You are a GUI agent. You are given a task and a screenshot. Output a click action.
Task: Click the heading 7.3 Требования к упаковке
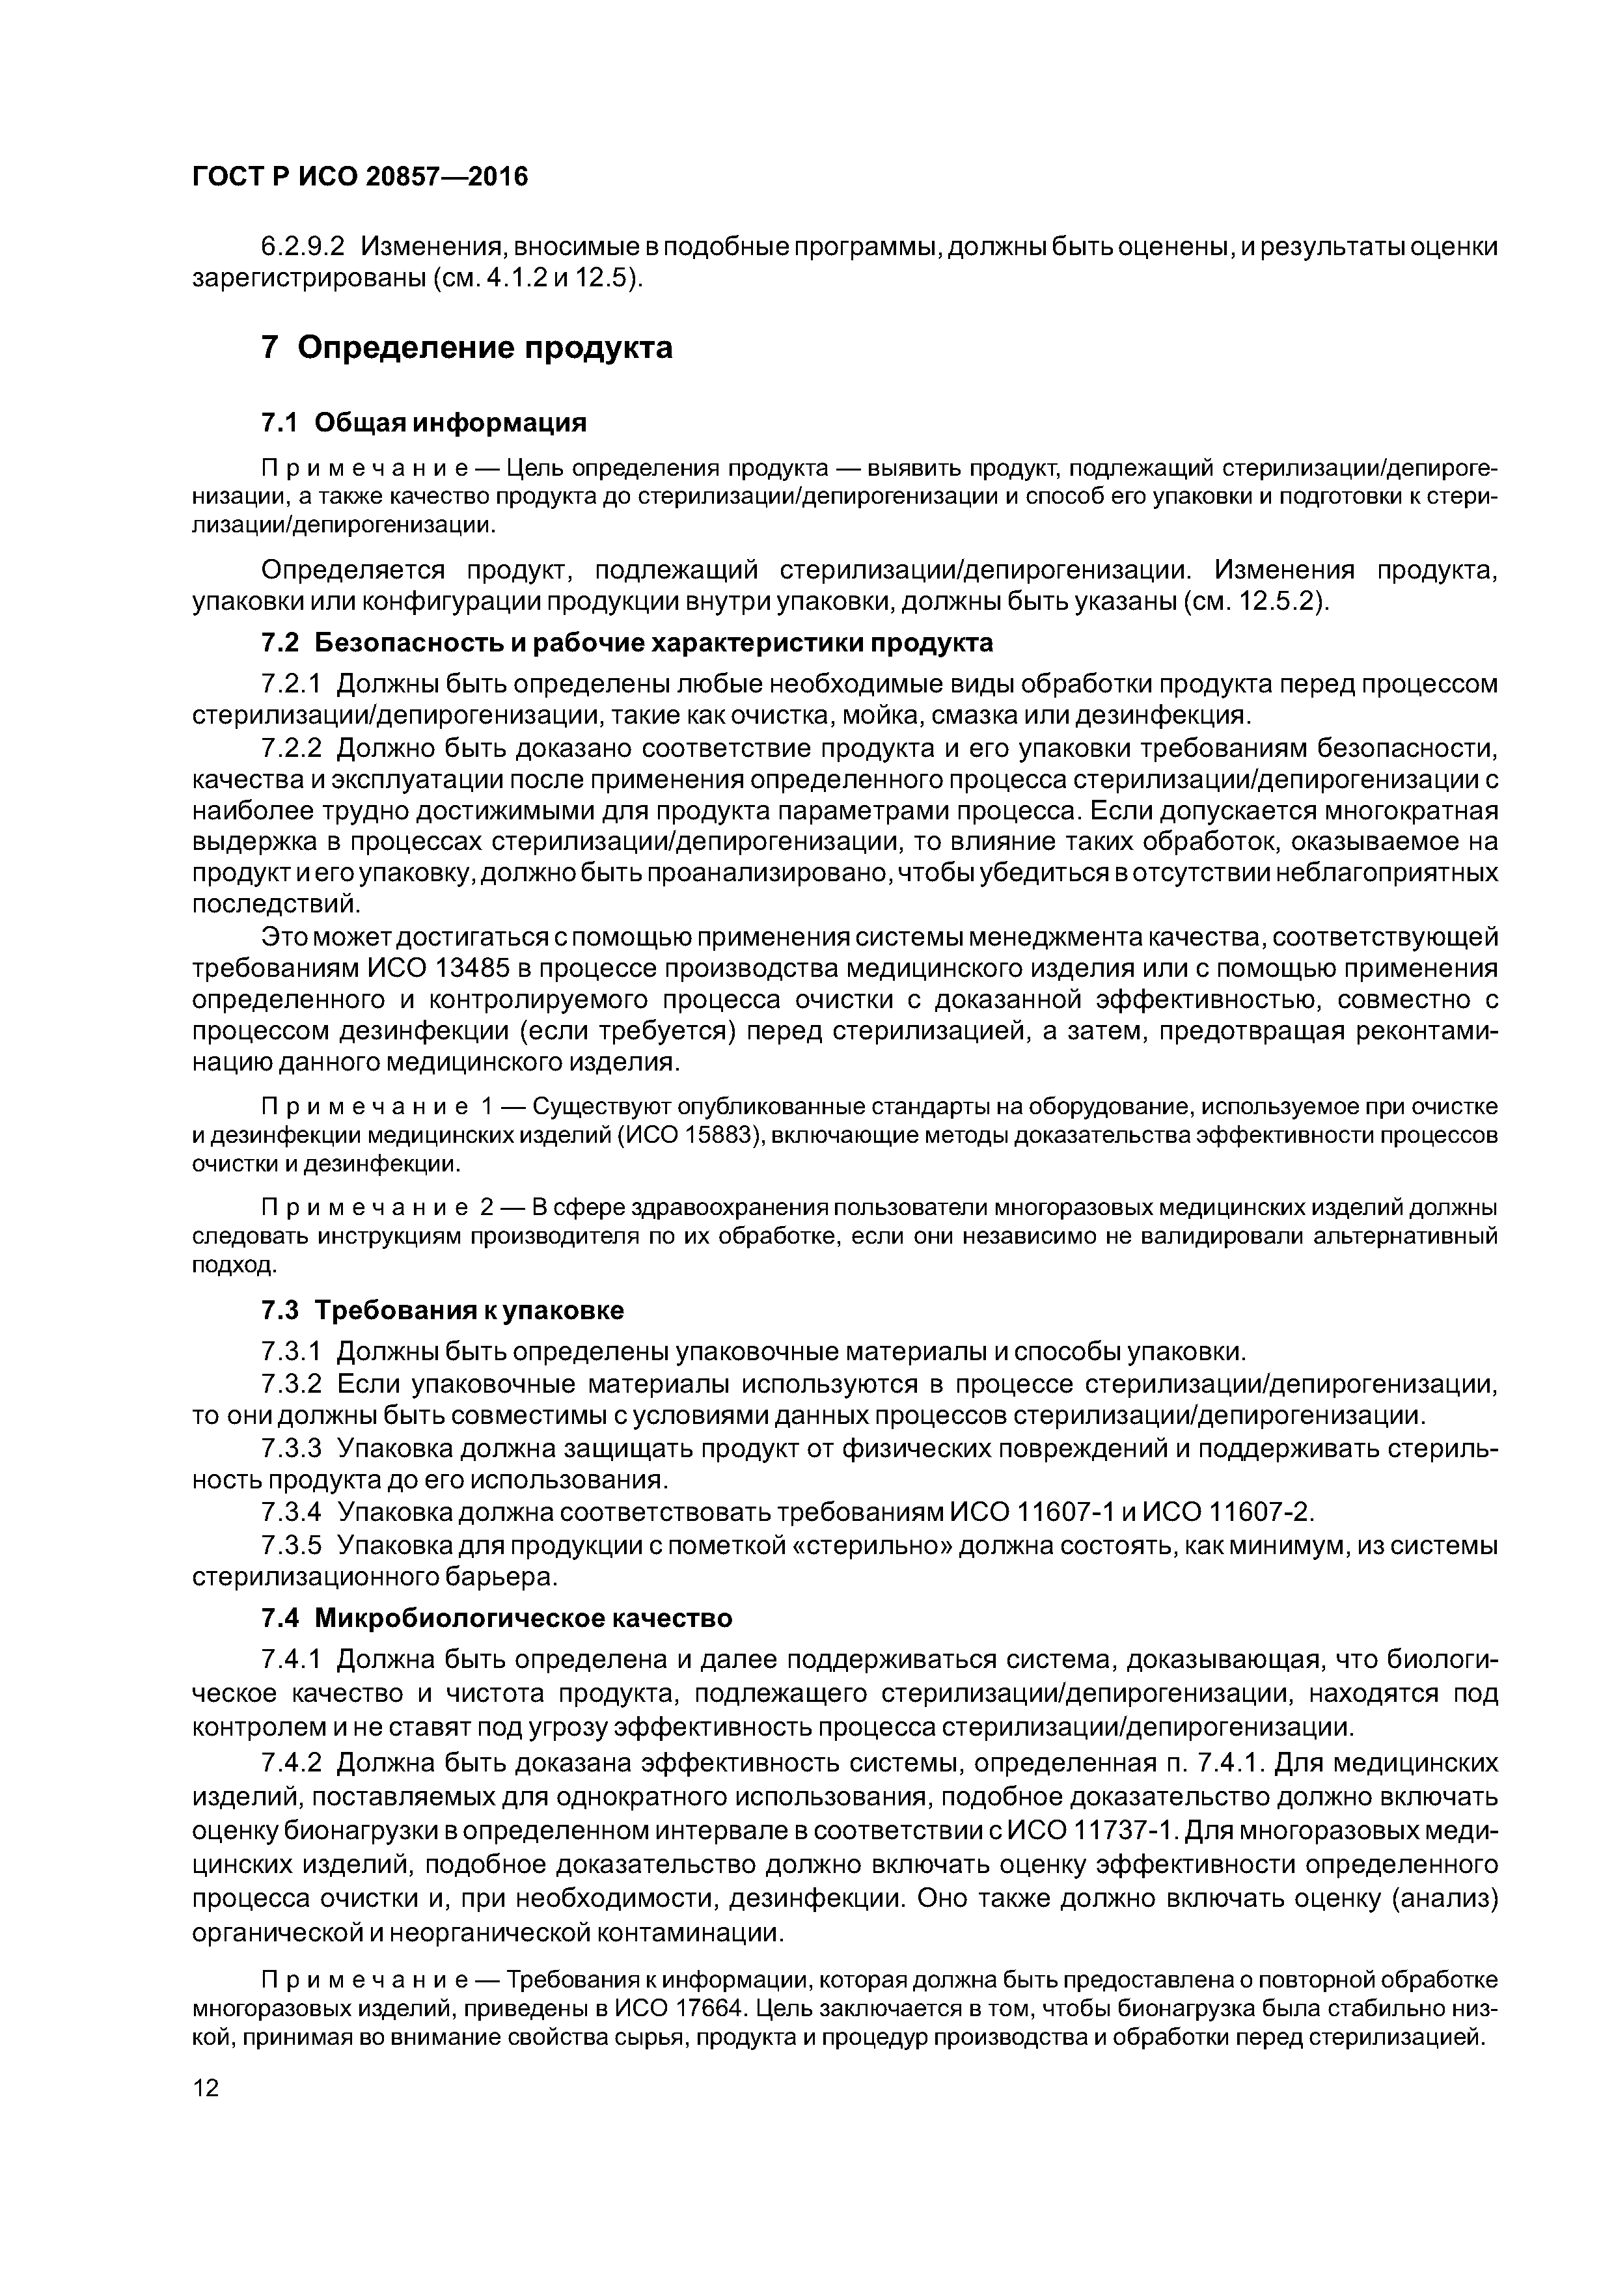(x=443, y=1311)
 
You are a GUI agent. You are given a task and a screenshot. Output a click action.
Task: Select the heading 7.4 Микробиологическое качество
(x=496, y=1619)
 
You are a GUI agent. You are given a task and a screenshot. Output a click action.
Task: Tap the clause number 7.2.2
(x=292, y=746)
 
